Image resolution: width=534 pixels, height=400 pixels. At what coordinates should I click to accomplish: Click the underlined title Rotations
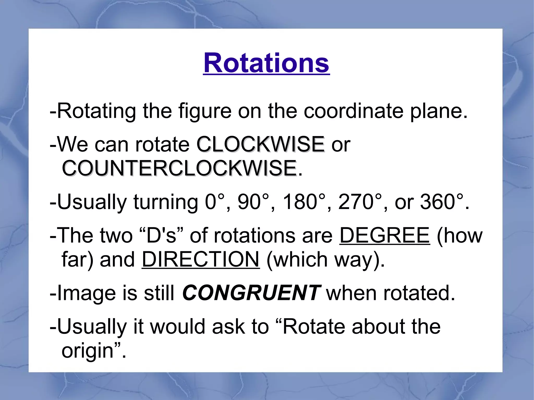[x=266, y=63]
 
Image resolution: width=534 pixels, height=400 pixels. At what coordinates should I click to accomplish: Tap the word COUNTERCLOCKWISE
[x=179, y=168]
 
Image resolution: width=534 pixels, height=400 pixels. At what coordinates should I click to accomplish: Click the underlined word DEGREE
[x=385, y=235]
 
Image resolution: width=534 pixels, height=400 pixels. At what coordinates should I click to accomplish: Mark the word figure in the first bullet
[x=205, y=112]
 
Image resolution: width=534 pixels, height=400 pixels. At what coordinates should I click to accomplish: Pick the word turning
[x=166, y=202]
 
